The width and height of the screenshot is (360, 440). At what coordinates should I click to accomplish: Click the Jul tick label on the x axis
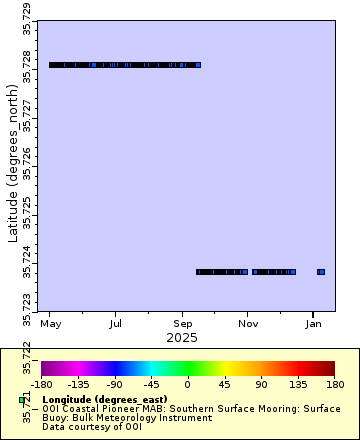pyautogui.click(x=116, y=324)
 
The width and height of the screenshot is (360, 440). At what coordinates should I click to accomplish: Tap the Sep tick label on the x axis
pyautogui.click(x=182, y=324)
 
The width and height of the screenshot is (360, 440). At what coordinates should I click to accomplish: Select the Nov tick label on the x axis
pyautogui.click(x=247, y=324)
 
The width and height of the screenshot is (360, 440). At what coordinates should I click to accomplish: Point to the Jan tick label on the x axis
pyautogui.click(x=314, y=324)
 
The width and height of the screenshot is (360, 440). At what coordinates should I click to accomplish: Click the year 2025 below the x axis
pyautogui.click(x=182, y=338)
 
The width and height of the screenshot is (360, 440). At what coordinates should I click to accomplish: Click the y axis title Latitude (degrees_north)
pyautogui.click(x=13, y=165)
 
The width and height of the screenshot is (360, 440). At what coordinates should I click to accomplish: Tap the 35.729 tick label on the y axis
pyautogui.click(x=27, y=19)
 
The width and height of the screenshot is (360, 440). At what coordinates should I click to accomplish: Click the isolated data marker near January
pyautogui.click(x=321, y=272)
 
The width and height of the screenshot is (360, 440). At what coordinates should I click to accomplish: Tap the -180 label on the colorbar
pyautogui.click(x=42, y=383)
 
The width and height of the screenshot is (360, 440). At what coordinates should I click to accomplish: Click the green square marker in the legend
pyautogui.click(x=22, y=400)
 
